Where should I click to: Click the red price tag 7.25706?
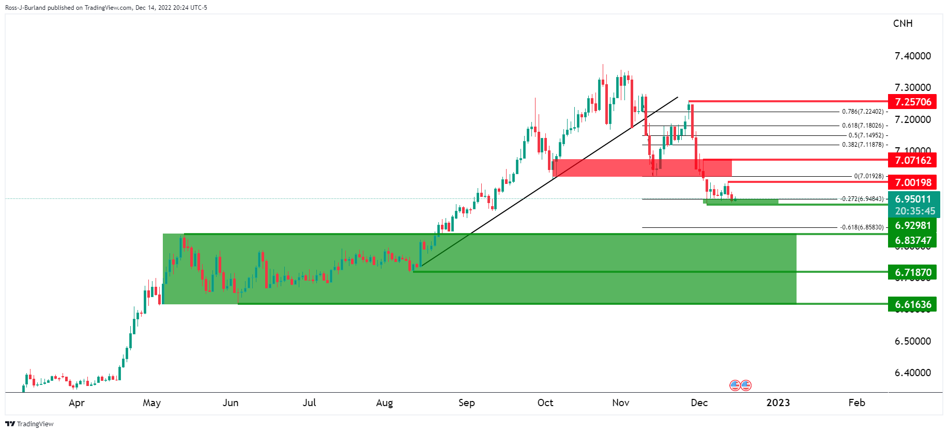(912, 102)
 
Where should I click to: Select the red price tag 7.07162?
(912, 160)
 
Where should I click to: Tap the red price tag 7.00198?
(912, 182)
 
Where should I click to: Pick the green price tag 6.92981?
(912, 226)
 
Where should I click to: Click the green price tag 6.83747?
(912, 240)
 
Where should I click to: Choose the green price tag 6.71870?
(912, 272)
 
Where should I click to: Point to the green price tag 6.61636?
(912, 304)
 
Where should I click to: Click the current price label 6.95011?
(913, 199)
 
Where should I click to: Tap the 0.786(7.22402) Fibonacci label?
(862, 112)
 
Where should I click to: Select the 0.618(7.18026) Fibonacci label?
(862, 126)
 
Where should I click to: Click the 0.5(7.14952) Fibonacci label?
(866, 135)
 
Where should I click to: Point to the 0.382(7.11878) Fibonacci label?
(862, 145)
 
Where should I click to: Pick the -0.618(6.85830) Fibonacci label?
(862, 227)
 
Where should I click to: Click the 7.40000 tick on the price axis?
(912, 56)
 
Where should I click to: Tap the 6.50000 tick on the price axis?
(912, 341)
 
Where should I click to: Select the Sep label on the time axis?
(466, 403)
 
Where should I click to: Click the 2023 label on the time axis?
(778, 403)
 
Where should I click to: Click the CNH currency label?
(903, 23)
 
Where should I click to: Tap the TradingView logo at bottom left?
(29, 424)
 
